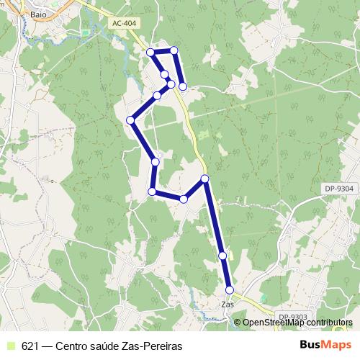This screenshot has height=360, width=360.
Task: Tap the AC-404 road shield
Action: pos(124,24)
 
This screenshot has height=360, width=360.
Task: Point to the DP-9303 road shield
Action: pos(293,317)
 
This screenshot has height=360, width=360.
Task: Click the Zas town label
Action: pos(228,305)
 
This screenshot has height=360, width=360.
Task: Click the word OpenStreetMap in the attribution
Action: pos(270,323)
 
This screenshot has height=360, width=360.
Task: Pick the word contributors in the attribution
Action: pos(327,323)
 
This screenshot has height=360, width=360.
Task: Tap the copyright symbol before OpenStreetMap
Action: pos(238,323)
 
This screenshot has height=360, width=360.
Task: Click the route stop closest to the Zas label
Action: pos(230,289)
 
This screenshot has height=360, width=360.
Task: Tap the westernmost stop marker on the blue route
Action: pos(130,120)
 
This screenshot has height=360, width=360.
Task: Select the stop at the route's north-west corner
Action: pos(150,52)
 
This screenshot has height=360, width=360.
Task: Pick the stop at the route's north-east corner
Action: pos(174,50)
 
